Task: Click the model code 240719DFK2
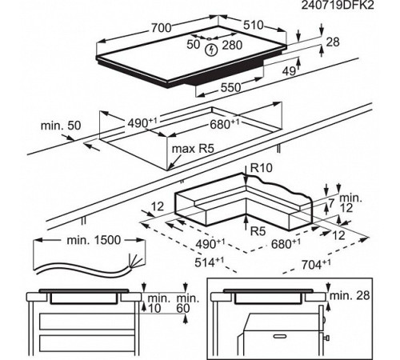(338, 5)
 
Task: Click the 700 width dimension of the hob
(162, 27)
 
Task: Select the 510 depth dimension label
(253, 25)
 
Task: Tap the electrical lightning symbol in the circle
(212, 50)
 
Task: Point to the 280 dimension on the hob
(232, 45)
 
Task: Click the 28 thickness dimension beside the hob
(333, 42)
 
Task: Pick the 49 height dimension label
(289, 71)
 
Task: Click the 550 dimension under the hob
(230, 87)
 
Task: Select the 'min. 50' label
(61, 126)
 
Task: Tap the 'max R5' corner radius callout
(193, 149)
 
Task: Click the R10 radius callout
(262, 168)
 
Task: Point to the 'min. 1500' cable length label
(94, 240)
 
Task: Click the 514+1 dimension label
(209, 262)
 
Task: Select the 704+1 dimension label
(316, 264)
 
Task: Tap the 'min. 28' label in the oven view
(350, 295)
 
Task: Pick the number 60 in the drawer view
(183, 309)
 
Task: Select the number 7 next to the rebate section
(331, 203)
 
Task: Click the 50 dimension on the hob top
(193, 45)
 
